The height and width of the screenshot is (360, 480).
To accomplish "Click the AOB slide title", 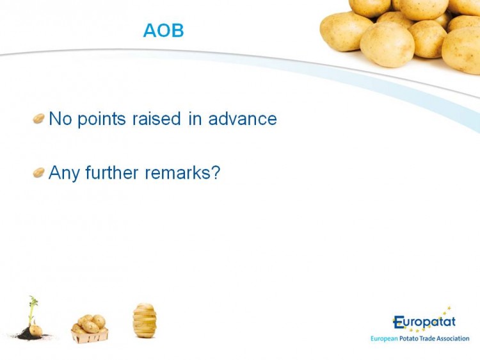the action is (163, 30).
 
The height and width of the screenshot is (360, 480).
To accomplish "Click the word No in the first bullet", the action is (60, 119).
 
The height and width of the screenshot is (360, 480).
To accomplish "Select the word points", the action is (102, 119).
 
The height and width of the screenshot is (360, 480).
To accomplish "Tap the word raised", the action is (156, 119).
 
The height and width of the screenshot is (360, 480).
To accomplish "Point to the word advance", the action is (243, 119).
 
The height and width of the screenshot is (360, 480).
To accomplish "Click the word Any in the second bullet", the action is (64, 173).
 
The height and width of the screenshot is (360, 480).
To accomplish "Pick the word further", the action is (112, 172).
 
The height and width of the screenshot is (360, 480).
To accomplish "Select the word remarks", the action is (177, 172).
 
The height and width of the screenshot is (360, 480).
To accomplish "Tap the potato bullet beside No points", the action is (39, 119).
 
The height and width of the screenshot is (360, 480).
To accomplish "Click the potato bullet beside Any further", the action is (39, 172).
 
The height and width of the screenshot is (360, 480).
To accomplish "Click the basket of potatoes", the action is (90, 329).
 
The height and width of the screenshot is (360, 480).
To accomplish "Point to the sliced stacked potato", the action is (145, 320).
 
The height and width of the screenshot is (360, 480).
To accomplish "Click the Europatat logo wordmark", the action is (424, 322).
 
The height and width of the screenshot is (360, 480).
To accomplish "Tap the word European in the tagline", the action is (384, 339).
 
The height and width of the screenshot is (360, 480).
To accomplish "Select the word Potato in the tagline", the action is (409, 338).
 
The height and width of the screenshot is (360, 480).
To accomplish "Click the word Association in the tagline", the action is (452, 338).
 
